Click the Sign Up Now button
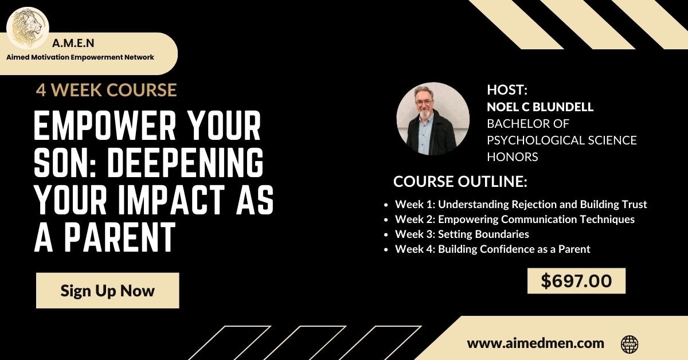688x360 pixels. click(108, 290)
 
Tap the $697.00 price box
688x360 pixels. click(576, 281)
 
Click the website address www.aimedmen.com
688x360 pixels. click(535, 343)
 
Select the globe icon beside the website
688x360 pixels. click(630, 344)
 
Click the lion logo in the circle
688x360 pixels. click(28, 28)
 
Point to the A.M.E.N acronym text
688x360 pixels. click(73, 44)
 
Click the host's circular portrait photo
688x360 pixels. click(433, 118)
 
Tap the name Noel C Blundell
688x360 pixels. click(540, 107)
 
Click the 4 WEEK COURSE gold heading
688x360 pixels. click(106, 90)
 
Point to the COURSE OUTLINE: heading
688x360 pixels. click(460, 182)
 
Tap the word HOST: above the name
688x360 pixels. click(507, 89)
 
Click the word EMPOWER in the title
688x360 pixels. click(105, 126)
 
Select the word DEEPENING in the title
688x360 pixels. click(185, 163)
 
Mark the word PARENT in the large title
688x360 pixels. click(120, 237)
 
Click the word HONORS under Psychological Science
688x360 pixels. click(513, 157)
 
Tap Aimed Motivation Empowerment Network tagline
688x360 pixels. click(80, 57)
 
